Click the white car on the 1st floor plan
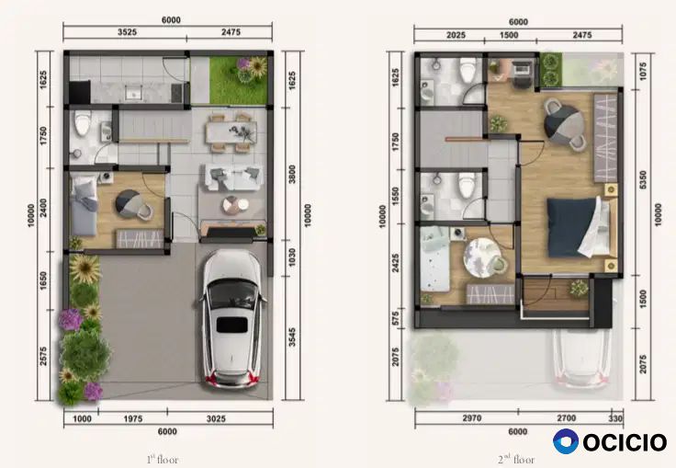pyautogui.click(x=231, y=319)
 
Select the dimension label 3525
pyautogui.click(x=127, y=32)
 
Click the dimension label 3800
pyautogui.click(x=292, y=174)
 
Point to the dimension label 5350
pyautogui.click(x=643, y=180)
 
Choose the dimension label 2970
pyautogui.click(x=472, y=418)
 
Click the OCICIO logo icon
pyautogui.click(x=566, y=441)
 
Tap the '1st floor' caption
pyautogui.click(x=163, y=460)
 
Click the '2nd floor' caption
pyautogui.click(x=516, y=460)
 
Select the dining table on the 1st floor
pyautogui.click(x=231, y=132)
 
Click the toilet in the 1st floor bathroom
pyautogui.click(x=83, y=122)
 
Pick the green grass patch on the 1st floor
pyautogui.click(x=239, y=80)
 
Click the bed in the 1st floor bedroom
pyautogui.click(x=84, y=204)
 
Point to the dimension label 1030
pyautogui.click(x=292, y=257)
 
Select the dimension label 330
pyautogui.click(x=615, y=418)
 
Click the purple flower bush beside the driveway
pyautogui.click(x=70, y=319)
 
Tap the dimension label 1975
pyautogui.click(x=133, y=418)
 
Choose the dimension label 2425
pyautogui.click(x=395, y=263)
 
